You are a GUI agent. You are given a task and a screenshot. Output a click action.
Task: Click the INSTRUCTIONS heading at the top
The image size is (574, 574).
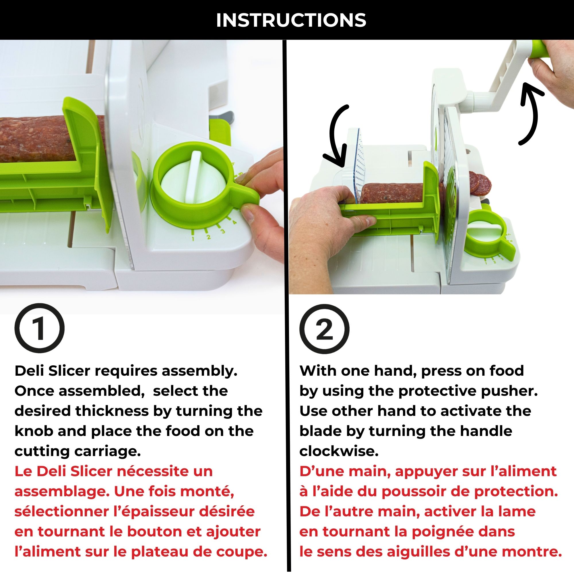[291, 20]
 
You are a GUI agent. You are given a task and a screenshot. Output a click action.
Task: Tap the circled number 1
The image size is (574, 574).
[39, 328]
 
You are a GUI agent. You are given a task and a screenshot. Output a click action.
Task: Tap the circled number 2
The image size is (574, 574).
[324, 329]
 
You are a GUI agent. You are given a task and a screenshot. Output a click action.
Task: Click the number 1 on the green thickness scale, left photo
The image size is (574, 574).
[193, 238]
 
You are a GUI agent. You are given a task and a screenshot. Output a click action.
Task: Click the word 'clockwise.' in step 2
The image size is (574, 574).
[339, 451]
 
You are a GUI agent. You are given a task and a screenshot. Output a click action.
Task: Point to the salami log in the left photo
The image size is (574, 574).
[33, 140]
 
